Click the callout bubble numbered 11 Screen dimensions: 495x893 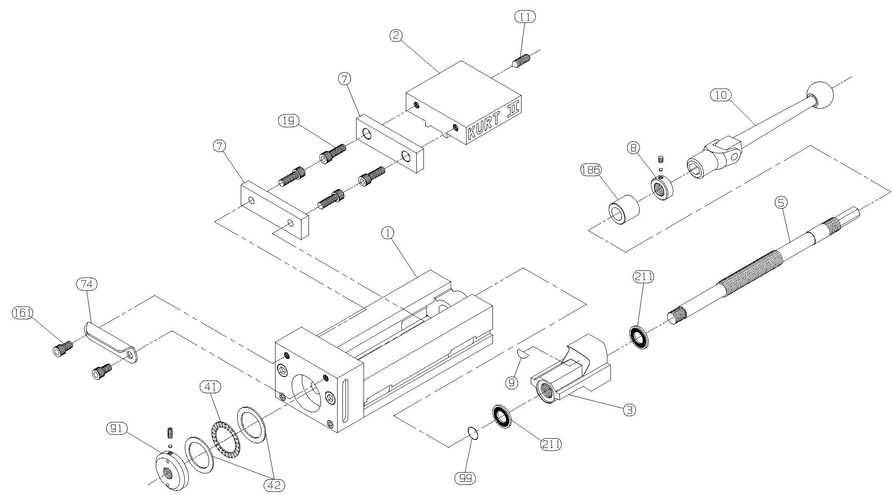525,17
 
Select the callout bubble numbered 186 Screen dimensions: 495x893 591,170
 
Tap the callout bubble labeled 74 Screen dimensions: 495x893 87,284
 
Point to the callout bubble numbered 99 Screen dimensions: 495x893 466,478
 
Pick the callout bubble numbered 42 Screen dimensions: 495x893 274,485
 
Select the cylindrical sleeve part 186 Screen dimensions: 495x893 624,210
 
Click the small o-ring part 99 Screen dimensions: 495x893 473,433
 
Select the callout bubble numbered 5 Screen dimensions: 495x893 781,203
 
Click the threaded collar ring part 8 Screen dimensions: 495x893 662,188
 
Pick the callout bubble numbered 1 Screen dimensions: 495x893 388,233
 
